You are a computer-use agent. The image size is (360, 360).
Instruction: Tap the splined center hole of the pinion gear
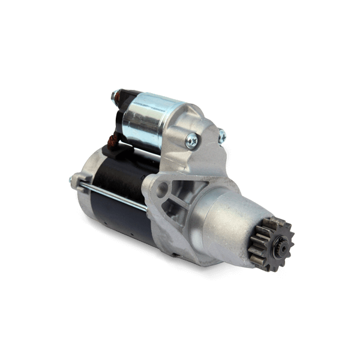(x=280, y=245)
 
